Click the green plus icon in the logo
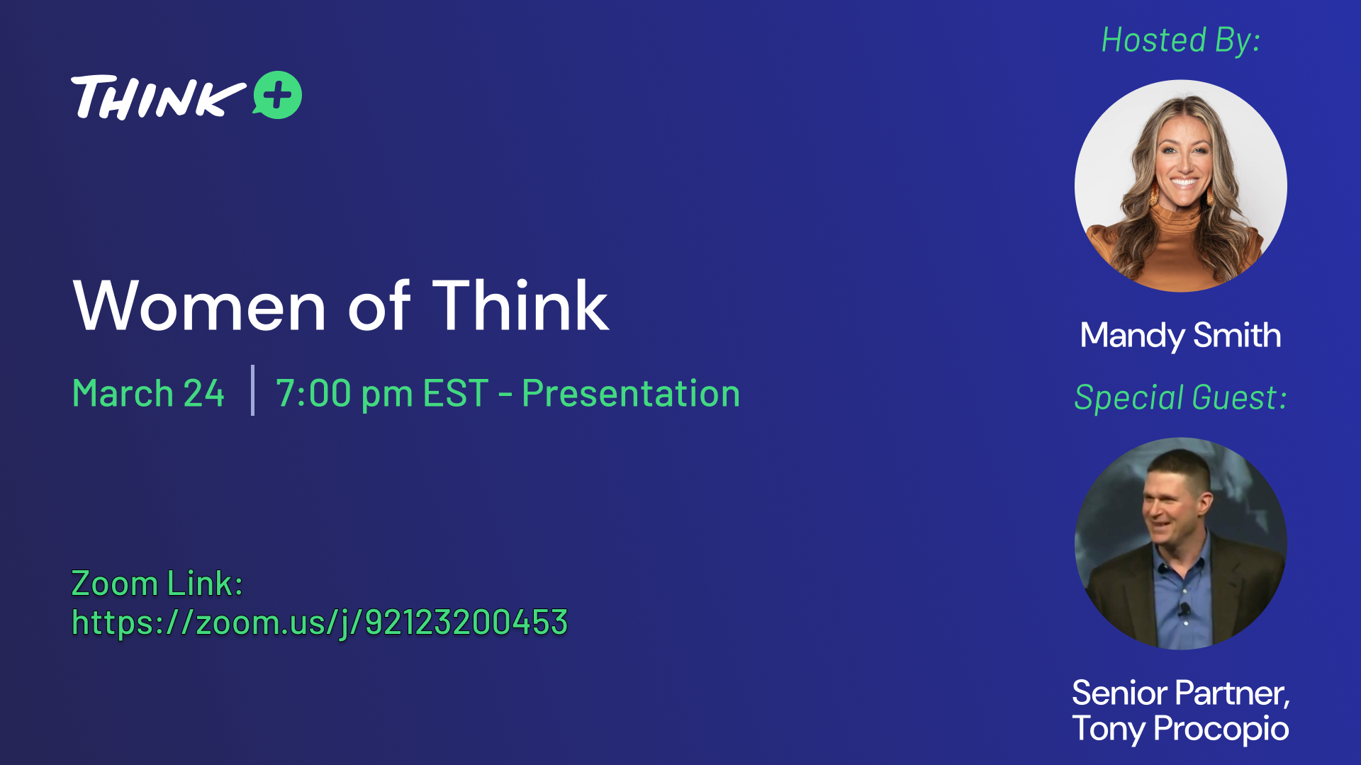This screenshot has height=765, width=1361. (277, 95)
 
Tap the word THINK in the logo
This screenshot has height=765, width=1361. (158, 97)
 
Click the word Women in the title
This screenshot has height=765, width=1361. (200, 306)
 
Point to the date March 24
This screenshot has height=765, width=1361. (149, 393)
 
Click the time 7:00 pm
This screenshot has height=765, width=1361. (345, 394)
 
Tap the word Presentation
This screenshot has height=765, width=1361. (631, 393)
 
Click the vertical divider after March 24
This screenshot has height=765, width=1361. (252, 390)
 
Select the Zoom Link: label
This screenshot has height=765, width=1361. (157, 584)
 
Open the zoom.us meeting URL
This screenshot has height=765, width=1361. (320, 623)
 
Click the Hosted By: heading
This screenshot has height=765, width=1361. (1181, 40)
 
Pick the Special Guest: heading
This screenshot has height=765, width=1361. (1181, 397)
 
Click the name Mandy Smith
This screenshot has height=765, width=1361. (1181, 336)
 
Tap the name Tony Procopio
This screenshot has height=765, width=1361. (1181, 729)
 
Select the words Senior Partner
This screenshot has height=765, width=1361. (1180, 693)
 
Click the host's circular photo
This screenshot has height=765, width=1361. (1181, 186)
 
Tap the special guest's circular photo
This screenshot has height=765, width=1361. (1181, 543)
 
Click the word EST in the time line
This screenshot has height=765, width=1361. (456, 393)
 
